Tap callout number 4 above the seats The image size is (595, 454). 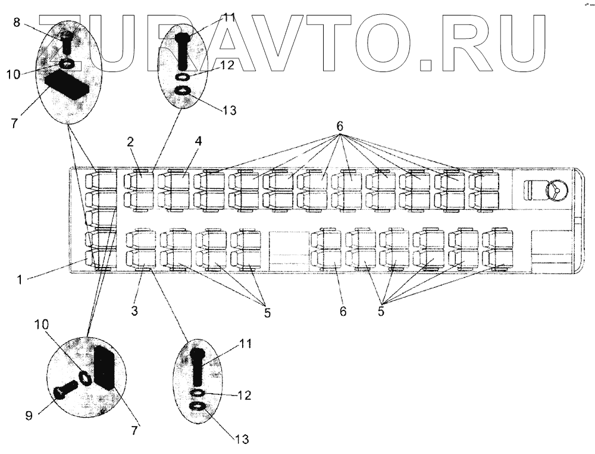pos(198,141)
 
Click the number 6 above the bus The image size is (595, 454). pos(340,126)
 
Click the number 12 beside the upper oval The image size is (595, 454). pos(225,66)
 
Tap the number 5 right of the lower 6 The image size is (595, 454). pos(381,311)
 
